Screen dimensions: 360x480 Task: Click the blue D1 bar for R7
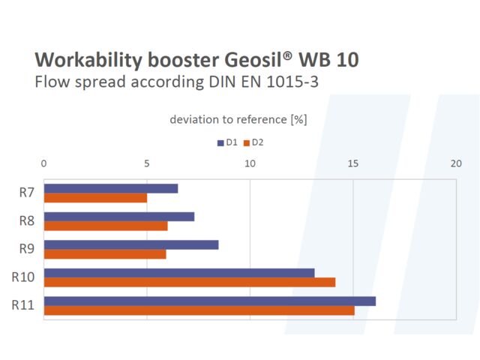(111, 188)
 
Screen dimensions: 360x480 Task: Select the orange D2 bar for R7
(95, 198)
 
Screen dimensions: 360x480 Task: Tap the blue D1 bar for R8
(119, 217)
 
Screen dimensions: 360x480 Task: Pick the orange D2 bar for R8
(106, 226)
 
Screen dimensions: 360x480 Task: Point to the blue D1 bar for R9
(131, 244)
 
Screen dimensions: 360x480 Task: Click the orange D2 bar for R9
(105, 253)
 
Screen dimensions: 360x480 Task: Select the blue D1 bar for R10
(179, 273)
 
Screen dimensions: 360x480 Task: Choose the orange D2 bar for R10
(190, 282)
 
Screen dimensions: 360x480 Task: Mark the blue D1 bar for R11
(210, 301)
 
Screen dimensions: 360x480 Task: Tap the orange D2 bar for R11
(199, 310)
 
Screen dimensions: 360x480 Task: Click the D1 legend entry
(227, 142)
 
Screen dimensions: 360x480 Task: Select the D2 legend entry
(253, 142)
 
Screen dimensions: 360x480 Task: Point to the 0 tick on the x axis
(44, 163)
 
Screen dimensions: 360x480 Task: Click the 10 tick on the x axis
(250, 163)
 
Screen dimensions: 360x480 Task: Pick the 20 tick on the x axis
(455, 163)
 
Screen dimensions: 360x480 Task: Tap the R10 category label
(23, 277)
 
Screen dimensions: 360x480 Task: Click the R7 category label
(27, 193)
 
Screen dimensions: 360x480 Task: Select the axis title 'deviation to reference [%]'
(238, 119)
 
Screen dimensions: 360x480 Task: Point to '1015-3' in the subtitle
(294, 82)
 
